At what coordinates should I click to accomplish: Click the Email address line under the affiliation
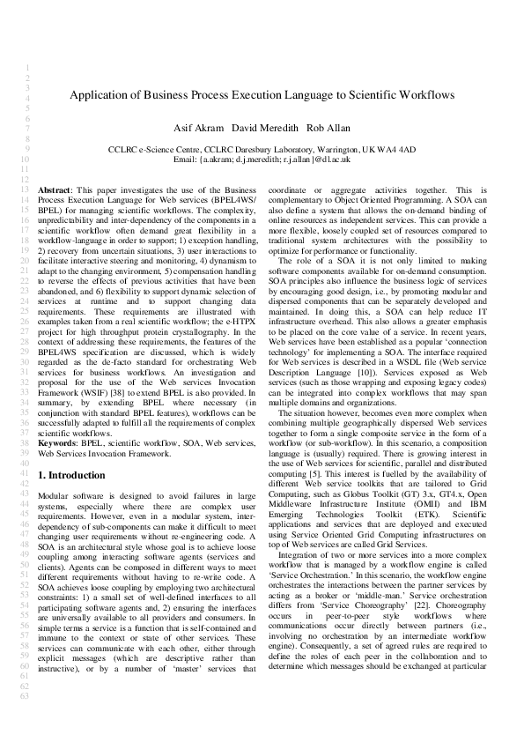(262, 160)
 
